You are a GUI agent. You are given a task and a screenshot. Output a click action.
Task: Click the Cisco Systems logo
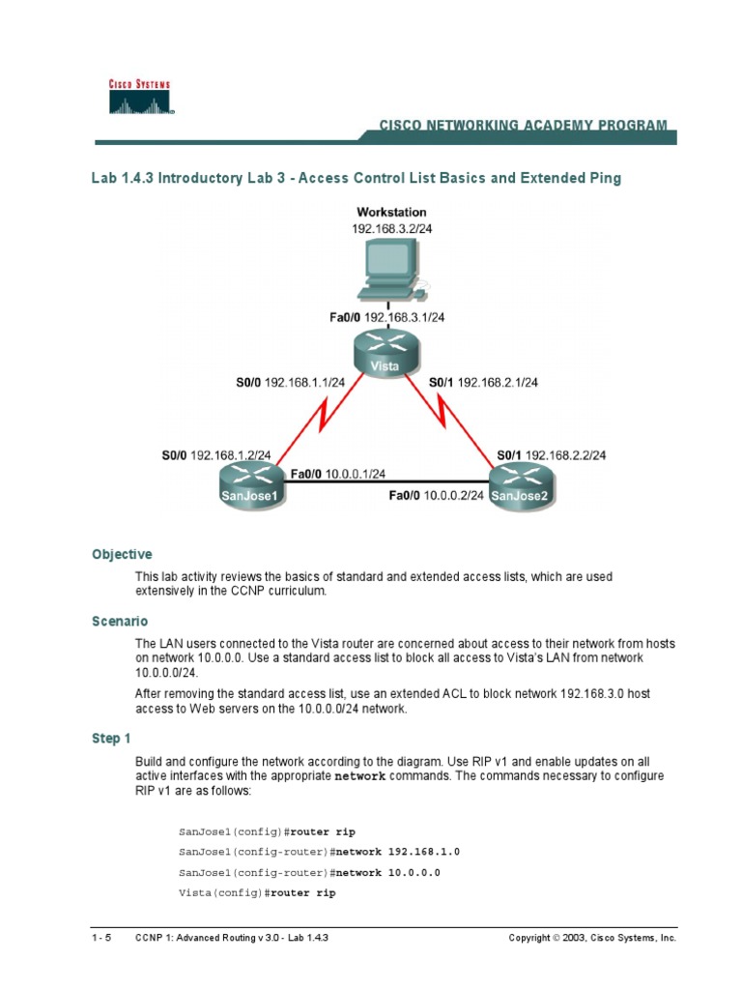pos(137,97)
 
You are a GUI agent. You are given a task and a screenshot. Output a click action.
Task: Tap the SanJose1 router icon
pos(252,480)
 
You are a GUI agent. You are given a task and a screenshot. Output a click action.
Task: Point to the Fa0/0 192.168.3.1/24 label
pos(390,316)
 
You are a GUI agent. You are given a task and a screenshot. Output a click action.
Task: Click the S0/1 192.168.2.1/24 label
pos(483,382)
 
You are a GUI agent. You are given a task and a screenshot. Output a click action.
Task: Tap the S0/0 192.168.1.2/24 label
pos(216,454)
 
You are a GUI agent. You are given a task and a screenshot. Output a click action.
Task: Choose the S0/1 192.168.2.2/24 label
pos(552,454)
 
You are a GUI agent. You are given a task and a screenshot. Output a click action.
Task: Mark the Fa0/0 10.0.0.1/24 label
pos(338,473)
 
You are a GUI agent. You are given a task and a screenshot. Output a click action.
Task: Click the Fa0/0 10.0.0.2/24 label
pos(437,496)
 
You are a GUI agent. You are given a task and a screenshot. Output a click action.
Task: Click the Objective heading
pos(122,555)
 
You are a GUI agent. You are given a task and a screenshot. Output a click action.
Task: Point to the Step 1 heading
pos(111,739)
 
